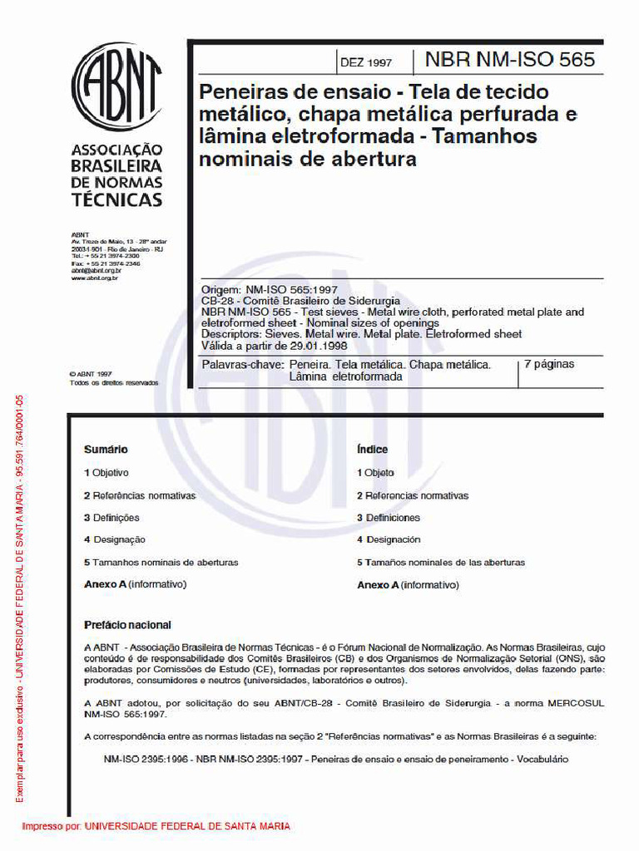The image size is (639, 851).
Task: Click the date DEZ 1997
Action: click(366, 62)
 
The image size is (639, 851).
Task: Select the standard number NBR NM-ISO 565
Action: click(510, 60)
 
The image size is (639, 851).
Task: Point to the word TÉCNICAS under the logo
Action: click(116, 200)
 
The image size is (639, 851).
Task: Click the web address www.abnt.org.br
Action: click(94, 278)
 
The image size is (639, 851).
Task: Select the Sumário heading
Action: click(106, 450)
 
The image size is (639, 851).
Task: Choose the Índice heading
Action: click(373, 450)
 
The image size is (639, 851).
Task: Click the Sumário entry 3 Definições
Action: click(111, 518)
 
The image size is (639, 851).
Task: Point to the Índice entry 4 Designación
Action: click(389, 540)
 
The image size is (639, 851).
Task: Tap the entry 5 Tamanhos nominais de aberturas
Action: click(161, 563)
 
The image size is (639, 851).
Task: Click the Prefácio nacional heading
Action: click(127, 625)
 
